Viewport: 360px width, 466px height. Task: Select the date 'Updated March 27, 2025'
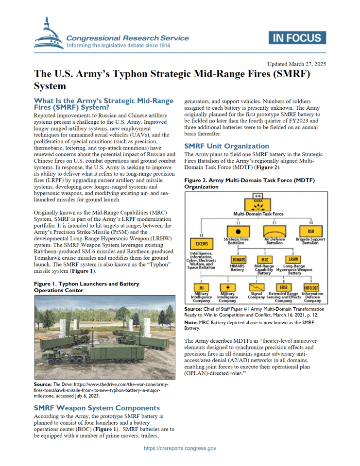point(296,64)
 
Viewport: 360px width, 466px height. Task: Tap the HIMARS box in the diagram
point(238,259)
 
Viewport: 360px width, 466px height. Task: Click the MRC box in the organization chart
point(265,259)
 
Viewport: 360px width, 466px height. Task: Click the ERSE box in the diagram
point(283,287)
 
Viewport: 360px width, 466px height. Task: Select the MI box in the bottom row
point(201,287)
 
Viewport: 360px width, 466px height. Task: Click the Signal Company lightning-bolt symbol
point(256,287)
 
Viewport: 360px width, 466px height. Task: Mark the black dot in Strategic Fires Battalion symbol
point(237,231)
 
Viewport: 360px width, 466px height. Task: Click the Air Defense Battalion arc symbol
point(274,231)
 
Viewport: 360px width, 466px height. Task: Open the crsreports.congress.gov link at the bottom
point(180,449)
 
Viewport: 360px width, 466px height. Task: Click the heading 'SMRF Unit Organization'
point(226,146)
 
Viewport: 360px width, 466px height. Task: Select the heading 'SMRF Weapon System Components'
point(96,408)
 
